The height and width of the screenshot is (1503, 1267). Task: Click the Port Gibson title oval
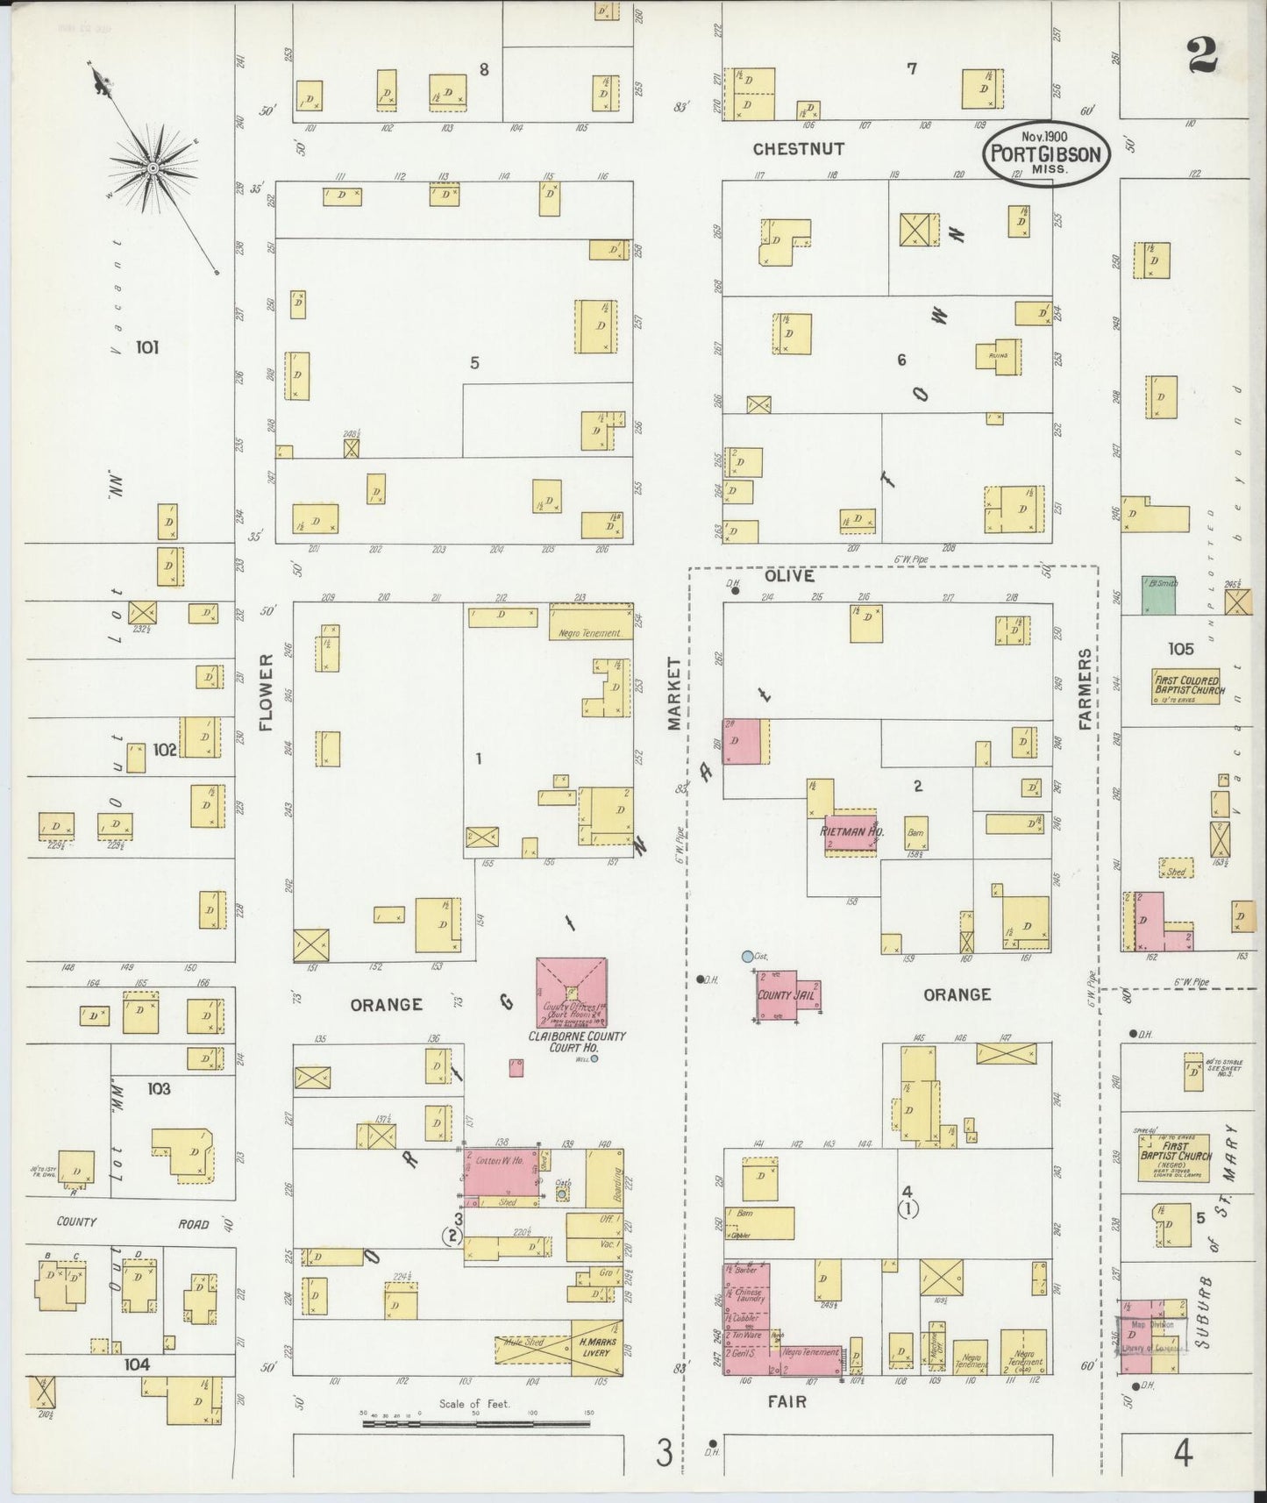(1045, 153)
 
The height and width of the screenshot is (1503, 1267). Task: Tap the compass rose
(152, 167)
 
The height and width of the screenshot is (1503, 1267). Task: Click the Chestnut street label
(797, 149)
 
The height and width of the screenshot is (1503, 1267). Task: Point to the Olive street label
(788, 576)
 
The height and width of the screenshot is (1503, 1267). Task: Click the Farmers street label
(1085, 689)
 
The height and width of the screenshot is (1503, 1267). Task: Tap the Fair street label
(787, 1401)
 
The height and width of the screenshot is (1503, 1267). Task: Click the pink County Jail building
(787, 994)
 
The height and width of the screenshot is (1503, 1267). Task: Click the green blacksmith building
(1158, 595)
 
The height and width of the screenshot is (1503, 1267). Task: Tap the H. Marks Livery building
(597, 1346)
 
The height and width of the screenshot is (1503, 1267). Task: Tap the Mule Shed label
(523, 1343)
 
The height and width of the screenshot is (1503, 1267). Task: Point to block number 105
(1180, 649)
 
